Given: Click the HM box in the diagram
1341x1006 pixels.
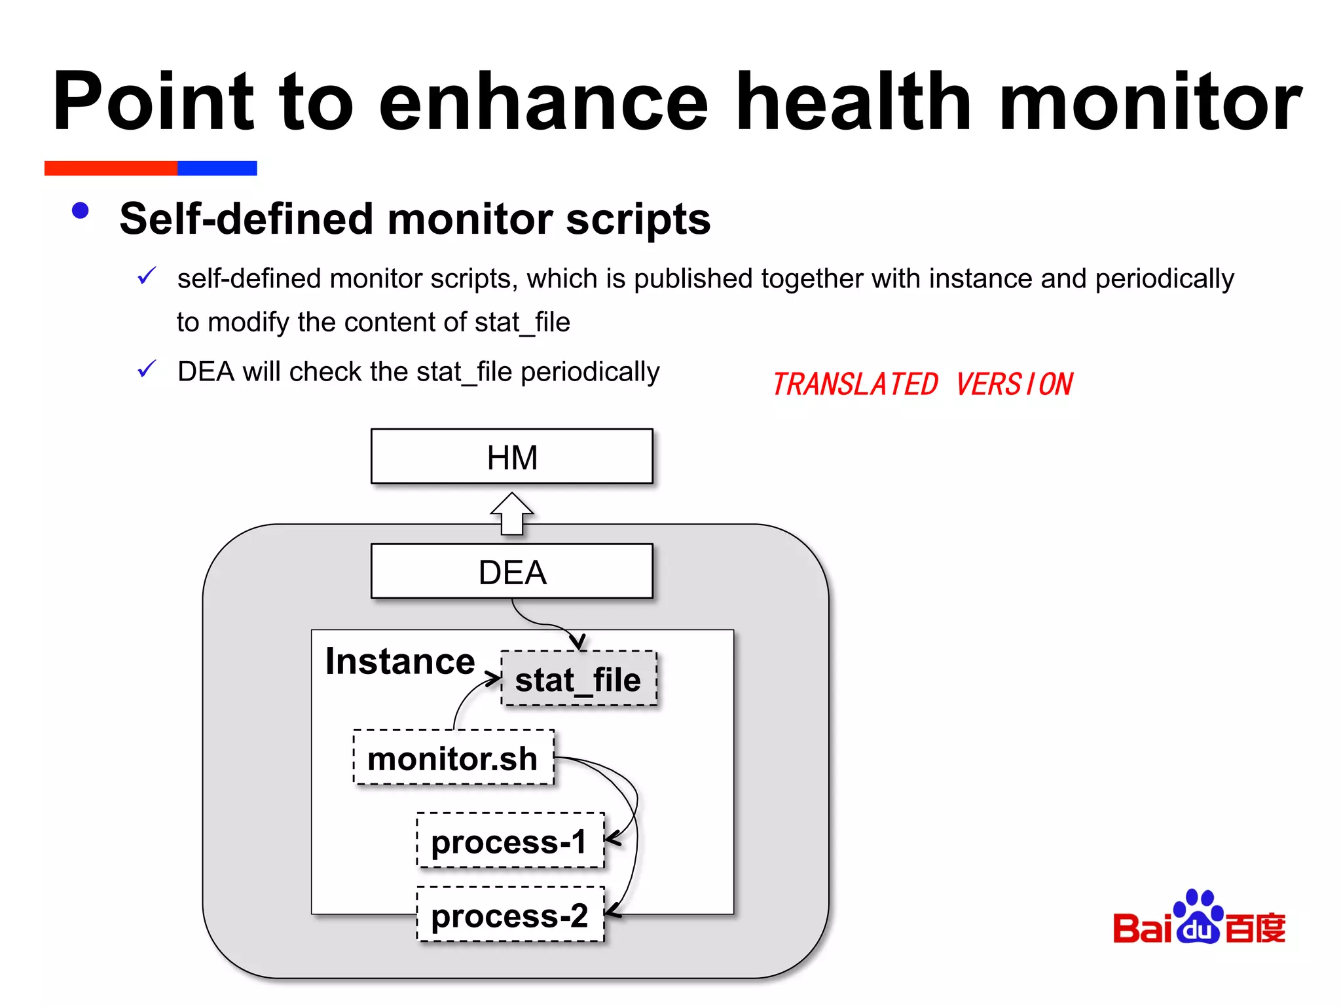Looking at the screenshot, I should tap(511, 456).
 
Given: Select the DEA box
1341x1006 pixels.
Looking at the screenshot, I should tap(511, 571).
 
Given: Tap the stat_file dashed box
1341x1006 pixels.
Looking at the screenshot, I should tap(578, 679).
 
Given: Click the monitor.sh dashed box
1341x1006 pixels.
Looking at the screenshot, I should tap(453, 758).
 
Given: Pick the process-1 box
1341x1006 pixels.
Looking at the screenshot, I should tap(509, 841).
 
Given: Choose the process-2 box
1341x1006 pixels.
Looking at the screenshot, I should tap(509, 915).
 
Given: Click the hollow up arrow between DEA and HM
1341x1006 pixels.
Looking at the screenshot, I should tap(512, 514).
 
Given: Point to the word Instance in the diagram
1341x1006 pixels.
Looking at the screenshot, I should tap(400, 661).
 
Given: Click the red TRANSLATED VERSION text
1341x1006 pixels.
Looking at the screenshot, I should tap(922, 384).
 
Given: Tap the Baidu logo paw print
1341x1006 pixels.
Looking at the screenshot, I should tap(1198, 917).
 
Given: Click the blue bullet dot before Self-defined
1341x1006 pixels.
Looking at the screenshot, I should tap(81, 210).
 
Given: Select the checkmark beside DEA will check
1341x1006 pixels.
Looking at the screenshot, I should tap(147, 369).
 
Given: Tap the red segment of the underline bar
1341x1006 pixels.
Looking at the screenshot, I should tap(111, 168).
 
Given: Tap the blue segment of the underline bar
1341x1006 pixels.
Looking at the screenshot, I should tap(217, 168).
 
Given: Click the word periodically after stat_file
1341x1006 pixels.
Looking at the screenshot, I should tap(590, 371).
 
